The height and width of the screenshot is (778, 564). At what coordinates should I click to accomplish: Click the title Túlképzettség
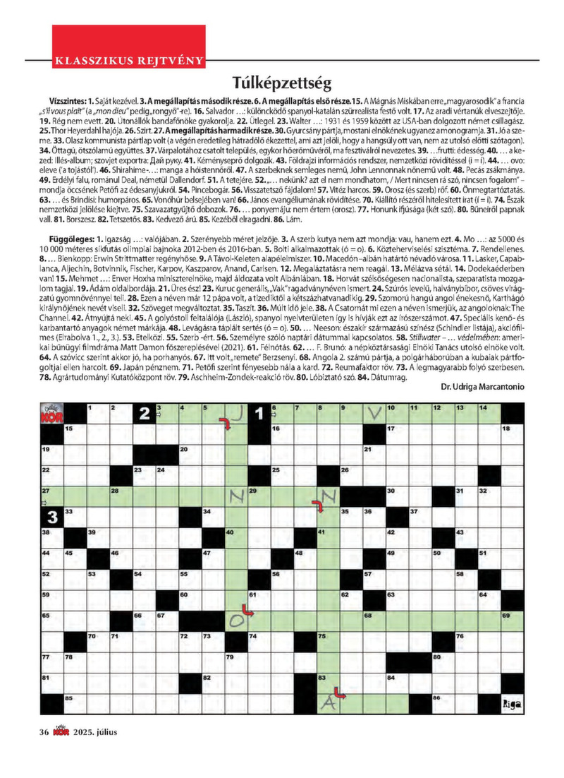281,81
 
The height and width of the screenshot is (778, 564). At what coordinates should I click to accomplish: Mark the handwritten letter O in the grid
238,620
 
